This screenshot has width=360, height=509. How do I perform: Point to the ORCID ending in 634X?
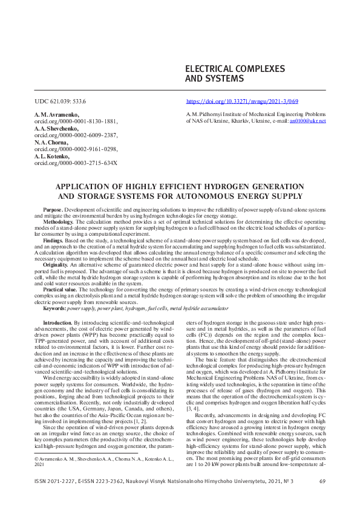click(x=76, y=163)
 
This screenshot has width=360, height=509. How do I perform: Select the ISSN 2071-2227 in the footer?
click(x=53, y=481)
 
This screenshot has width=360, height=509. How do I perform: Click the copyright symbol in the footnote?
click(x=36, y=460)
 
